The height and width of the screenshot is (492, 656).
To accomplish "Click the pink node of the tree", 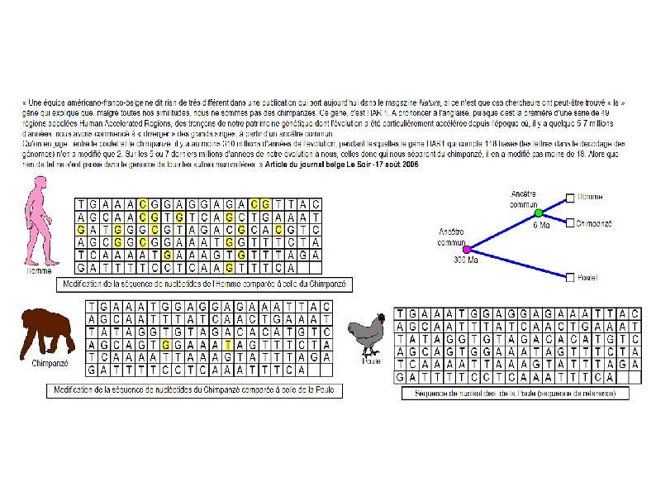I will coord(467,249).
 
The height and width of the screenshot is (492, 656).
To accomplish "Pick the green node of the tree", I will coord(539,213).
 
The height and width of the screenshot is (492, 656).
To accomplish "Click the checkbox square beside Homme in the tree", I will coord(570,198).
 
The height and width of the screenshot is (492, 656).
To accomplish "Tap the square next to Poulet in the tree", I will coord(570,277).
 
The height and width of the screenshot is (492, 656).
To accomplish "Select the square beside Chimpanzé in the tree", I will coord(570,222).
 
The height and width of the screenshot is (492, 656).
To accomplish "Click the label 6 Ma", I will coord(543,225).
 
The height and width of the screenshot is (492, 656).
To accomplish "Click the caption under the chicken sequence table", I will coord(514,394).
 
